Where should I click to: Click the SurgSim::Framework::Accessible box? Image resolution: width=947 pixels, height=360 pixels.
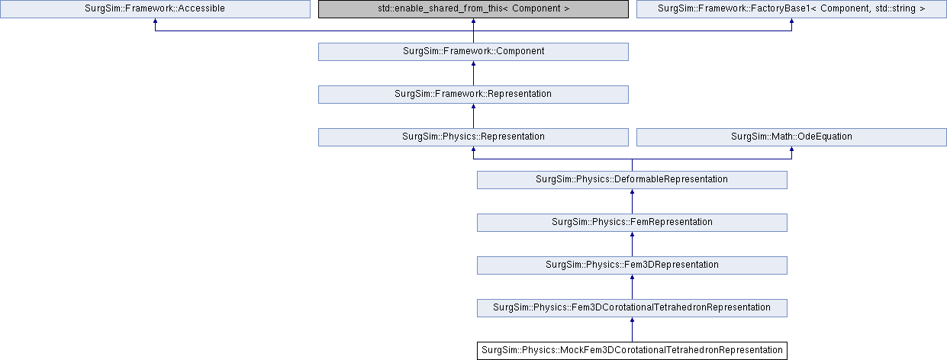click(x=155, y=9)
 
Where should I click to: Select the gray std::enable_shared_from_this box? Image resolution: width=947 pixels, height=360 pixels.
click(x=473, y=9)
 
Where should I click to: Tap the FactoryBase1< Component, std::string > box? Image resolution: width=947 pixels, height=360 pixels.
click(x=791, y=9)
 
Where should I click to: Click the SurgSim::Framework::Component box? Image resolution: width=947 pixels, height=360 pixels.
click(x=473, y=52)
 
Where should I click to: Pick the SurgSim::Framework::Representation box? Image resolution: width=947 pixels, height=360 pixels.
click(x=473, y=95)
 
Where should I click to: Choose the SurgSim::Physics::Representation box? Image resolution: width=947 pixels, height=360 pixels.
click(x=473, y=137)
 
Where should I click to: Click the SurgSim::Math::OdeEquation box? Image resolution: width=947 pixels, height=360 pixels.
click(x=791, y=137)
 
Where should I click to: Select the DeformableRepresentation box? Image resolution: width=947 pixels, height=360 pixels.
click(x=632, y=179)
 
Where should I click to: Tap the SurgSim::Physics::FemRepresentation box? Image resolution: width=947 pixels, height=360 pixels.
click(x=632, y=222)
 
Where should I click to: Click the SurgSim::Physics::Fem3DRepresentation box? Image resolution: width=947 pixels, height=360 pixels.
click(x=632, y=265)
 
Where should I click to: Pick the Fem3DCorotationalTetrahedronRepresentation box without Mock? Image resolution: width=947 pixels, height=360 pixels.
click(x=632, y=307)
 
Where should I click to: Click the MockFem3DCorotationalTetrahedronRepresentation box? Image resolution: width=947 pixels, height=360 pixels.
click(x=632, y=350)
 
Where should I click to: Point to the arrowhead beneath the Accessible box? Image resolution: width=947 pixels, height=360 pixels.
click(x=155, y=21)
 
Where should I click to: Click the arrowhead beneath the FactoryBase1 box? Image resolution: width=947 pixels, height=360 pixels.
click(x=791, y=21)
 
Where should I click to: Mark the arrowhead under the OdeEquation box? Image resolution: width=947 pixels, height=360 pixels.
click(x=791, y=149)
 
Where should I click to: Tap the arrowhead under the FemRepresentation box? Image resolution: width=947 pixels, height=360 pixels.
click(x=632, y=234)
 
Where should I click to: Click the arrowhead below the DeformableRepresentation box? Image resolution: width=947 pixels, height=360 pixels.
click(x=632, y=191)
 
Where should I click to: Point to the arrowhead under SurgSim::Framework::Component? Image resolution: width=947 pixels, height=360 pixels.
click(x=473, y=63)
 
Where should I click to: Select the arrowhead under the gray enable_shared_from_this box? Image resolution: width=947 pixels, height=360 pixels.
click(x=473, y=21)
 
